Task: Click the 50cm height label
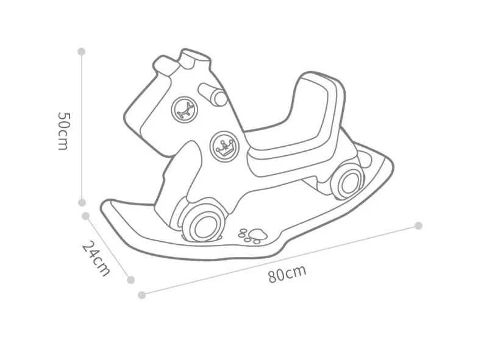[63, 130]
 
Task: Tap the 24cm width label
[96, 258]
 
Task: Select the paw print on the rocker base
[252, 234]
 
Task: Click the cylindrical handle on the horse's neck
[214, 95]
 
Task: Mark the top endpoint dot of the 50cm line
[82, 52]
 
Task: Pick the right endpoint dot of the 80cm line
[418, 225]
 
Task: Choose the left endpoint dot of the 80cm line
[142, 295]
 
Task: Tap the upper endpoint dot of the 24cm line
[86, 216]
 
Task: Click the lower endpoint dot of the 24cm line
[130, 280]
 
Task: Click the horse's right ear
[195, 60]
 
